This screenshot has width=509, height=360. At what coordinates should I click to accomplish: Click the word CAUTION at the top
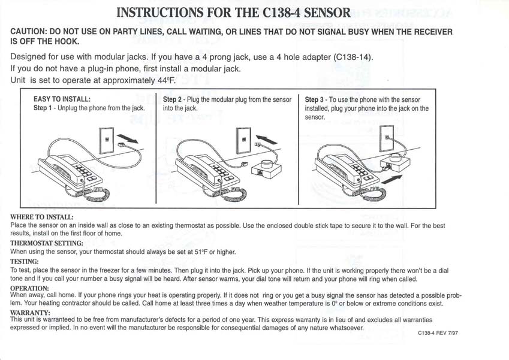pyautogui.click(x=31, y=32)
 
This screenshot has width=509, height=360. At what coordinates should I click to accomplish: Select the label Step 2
pyautogui.click(x=173, y=99)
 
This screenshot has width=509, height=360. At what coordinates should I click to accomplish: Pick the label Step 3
pyautogui.click(x=315, y=99)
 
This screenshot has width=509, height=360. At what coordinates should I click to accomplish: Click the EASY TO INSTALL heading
pyautogui.click(x=62, y=99)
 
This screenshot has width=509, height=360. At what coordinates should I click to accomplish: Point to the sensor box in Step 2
pyautogui.click(x=267, y=168)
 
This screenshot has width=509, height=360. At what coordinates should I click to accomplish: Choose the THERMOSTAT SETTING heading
pyautogui.click(x=47, y=243)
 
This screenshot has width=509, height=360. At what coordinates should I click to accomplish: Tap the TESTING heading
pyautogui.click(x=25, y=261)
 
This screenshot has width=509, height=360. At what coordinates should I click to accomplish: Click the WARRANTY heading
pyautogui.click(x=29, y=312)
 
